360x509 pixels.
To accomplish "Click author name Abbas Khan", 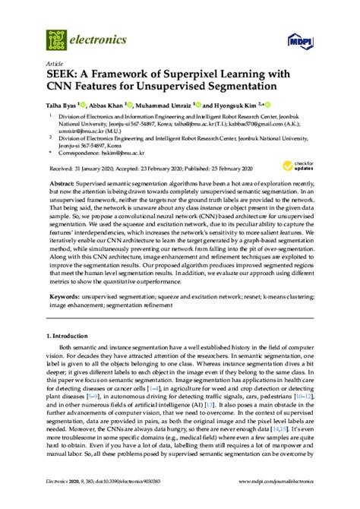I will coord(121,103).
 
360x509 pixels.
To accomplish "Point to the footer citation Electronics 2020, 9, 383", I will coord(71,502).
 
